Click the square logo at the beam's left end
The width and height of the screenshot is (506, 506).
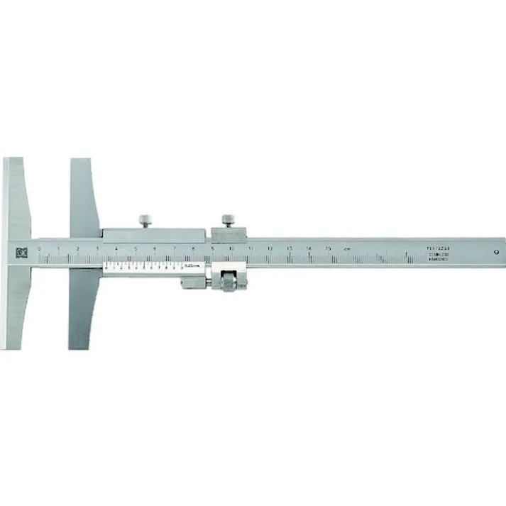click(x=20, y=251)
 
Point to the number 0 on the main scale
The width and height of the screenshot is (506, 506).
click(x=40, y=249)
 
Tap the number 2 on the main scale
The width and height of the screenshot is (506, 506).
click(x=77, y=249)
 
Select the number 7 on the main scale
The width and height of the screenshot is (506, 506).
click(x=174, y=249)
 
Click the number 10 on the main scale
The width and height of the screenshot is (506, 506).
click(x=231, y=249)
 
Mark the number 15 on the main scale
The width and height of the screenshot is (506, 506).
click(x=328, y=249)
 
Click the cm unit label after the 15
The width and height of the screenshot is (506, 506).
click(x=347, y=249)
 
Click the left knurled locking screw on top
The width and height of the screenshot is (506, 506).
click(x=145, y=220)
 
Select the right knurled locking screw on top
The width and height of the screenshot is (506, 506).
click(x=229, y=221)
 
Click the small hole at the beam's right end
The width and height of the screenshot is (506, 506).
click(x=495, y=251)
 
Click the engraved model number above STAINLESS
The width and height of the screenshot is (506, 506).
click(x=438, y=248)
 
